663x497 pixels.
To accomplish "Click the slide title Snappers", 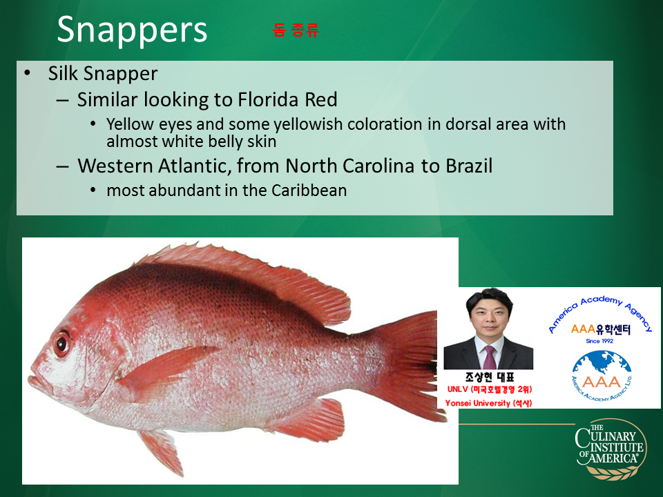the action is click(x=132, y=30).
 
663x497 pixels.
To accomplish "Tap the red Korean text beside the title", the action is click(x=296, y=30).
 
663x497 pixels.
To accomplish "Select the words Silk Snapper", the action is click(x=103, y=74).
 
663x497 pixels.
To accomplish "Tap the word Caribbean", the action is click(x=309, y=191).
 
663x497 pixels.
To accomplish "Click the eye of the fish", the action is click(x=61, y=344).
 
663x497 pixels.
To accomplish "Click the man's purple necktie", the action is click(x=489, y=357).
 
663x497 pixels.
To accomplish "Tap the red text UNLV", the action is click(x=457, y=389).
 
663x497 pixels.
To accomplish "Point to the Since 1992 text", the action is click(x=599, y=340).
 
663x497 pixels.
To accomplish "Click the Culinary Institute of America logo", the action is click(x=611, y=449).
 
